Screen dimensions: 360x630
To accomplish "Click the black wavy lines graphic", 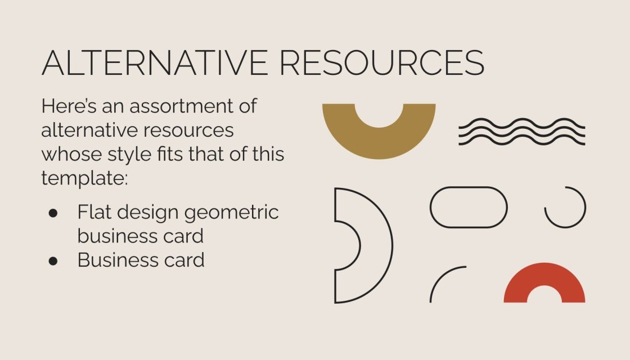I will point(521,132).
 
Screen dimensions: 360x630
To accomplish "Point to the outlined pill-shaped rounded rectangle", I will point(469,208).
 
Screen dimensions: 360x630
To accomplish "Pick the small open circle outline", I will point(565,208).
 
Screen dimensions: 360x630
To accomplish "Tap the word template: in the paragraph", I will point(85,178).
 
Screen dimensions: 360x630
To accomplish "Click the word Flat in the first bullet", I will point(93,212).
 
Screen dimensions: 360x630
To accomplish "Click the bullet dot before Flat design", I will point(53,213).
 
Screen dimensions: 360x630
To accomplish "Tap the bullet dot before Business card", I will point(53,261).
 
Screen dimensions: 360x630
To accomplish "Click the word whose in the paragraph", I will point(71,154).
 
